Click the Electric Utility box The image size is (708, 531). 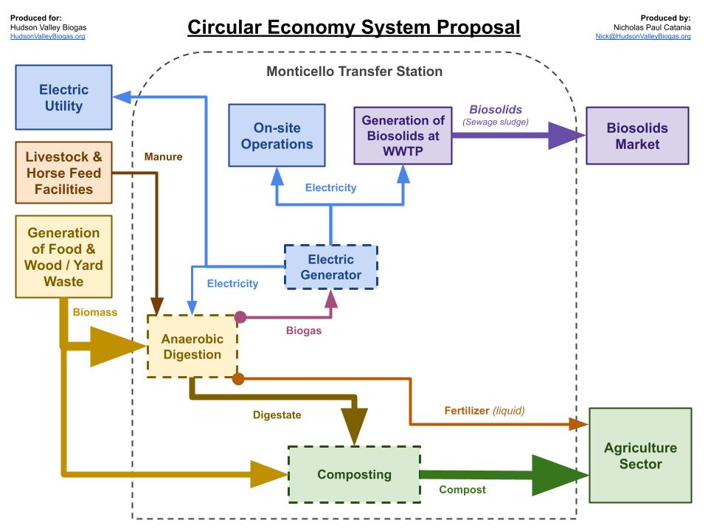pos(63,98)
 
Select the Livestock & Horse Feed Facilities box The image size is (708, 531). pos(63,173)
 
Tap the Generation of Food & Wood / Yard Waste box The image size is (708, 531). pos(63,257)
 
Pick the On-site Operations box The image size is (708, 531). pos(277,136)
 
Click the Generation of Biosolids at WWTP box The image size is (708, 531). pos(403,136)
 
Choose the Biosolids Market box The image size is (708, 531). pos(637,136)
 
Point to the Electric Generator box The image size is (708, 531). pos(331,267)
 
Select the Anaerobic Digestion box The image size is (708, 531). pos(192,346)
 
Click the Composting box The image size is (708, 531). pos(354,474)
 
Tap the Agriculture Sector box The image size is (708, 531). pos(640,456)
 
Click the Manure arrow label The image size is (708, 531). pos(163,157)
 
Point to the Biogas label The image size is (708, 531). pos(304,330)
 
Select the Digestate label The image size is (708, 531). pos(277,415)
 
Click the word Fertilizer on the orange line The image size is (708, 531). pos(467,410)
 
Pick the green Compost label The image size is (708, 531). pos(462,489)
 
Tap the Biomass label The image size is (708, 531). pos(94,312)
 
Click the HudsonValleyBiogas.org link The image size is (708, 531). pos(47,36)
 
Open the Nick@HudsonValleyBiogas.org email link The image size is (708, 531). pos(643,36)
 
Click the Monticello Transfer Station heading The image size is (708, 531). pos(354,72)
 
